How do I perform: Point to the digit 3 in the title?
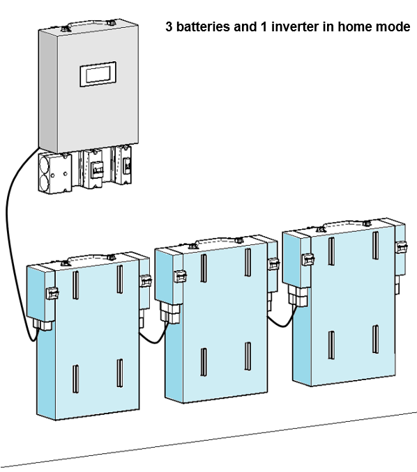[x=169, y=26]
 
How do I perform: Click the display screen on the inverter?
[x=98, y=74]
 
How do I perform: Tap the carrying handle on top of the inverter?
[x=88, y=24]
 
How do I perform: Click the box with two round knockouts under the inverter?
[x=55, y=173]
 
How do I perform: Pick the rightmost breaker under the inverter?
[x=123, y=165]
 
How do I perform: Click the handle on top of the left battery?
[x=87, y=259]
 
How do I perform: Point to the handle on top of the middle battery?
[x=215, y=242]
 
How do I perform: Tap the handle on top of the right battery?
[x=343, y=226]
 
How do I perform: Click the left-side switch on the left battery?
[x=52, y=293]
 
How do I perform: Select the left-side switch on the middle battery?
[x=180, y=276]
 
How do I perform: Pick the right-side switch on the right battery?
[x=402, y=247]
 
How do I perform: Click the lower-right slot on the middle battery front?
[x=248, y=356]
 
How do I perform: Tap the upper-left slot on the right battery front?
[x=331, y=251]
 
